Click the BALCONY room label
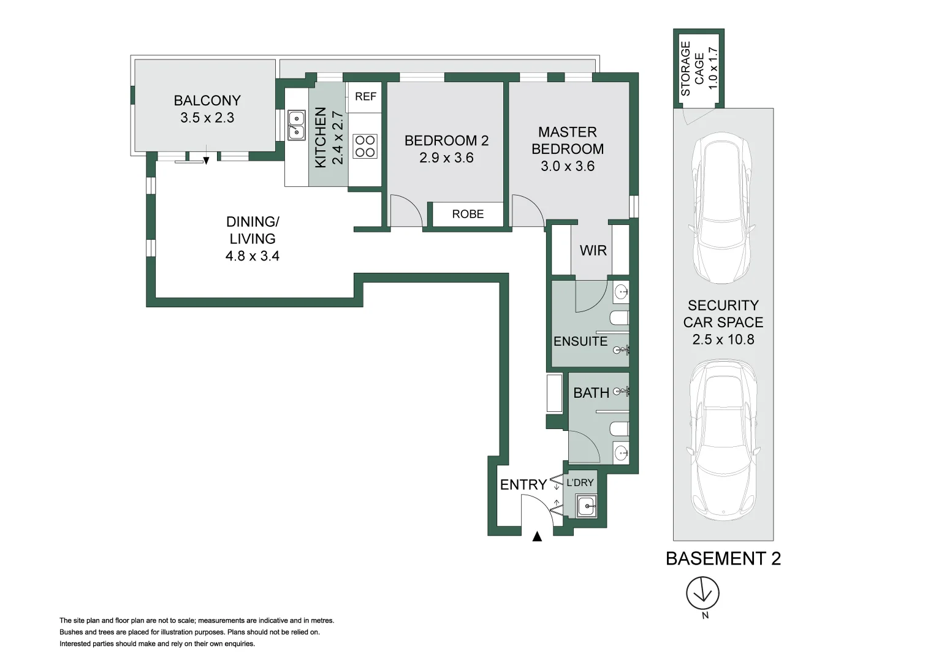point(207,101)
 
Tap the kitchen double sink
point(296,125)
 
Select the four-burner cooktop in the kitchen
point(365,146)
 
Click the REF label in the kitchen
point(365,97)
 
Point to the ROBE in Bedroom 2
point(468,215)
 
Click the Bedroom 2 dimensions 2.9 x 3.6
point(446,158)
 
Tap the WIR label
point(593,251)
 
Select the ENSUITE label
point(580,341)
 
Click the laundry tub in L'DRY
point(586,506)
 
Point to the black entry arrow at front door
point(537,536)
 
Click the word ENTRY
point(523,485)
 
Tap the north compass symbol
point(703,593)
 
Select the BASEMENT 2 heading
point(723,559)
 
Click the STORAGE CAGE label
point(693,69)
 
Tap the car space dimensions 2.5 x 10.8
point(723,340)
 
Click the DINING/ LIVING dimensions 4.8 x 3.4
point(253,256)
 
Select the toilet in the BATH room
point(619,429)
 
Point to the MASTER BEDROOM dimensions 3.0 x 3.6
point(568,166)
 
